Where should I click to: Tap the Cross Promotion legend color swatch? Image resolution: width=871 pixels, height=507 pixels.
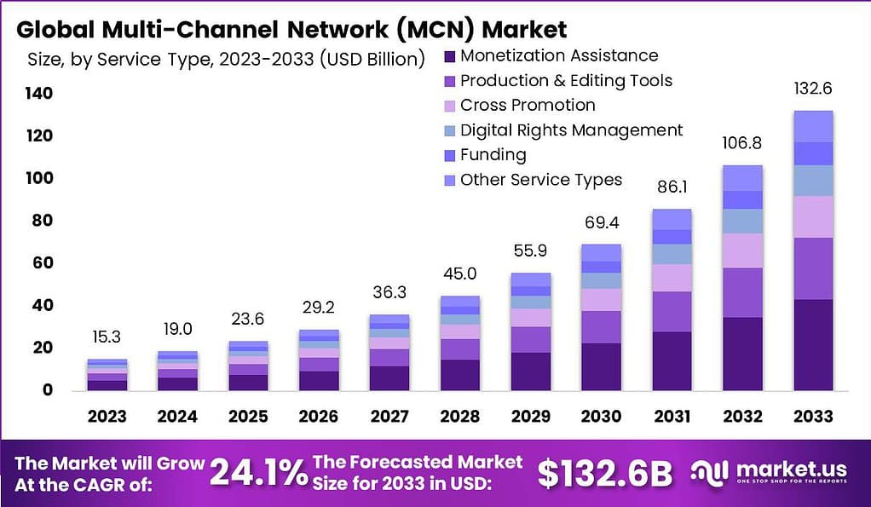coord(449,106)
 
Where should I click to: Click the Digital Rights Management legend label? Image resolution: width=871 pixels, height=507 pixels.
coord(571,130)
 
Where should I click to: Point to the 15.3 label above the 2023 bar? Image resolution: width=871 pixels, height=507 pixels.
coord(107,337)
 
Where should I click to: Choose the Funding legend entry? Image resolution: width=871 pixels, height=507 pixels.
coord(493,155)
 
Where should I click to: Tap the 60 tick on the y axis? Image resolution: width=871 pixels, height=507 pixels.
coord(43,263)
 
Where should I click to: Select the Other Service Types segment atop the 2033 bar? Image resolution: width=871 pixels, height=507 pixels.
coord(812,126)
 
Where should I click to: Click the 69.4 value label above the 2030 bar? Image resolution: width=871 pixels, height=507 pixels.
coord(602,224)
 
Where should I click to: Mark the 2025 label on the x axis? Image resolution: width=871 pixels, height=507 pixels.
coord(248,417)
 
